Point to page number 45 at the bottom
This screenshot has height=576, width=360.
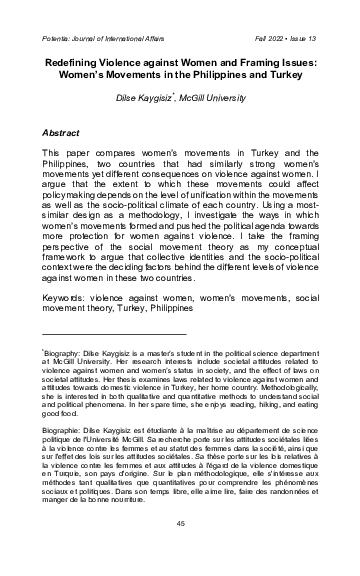[181, 553]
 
